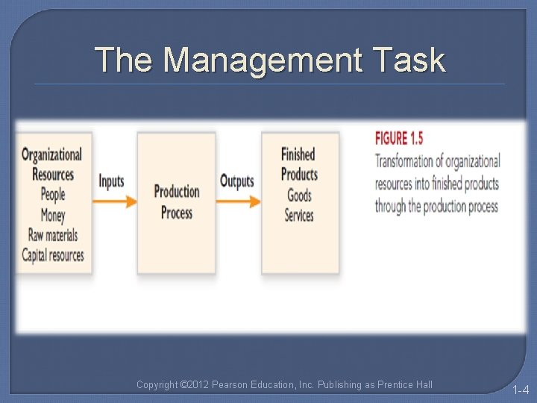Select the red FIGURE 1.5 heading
tap(399, 138)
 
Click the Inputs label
tap(111, 181)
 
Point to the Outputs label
tap(236, 181)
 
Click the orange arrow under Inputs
tap(115, 201)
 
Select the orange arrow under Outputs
tap(240, 201)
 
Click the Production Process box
tap(177, 202)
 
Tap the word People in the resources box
tap(53, 195)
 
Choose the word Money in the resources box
tap(53, 215)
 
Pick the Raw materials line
tap(53, 235)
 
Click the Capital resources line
tap(53, 254)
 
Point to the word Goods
tap(299, 196)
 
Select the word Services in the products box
tap(299, 216)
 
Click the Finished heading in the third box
tap(298, 154)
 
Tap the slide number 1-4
tap(520, 389)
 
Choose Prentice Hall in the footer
tap(404, 385)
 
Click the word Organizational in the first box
tap(51, 154)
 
